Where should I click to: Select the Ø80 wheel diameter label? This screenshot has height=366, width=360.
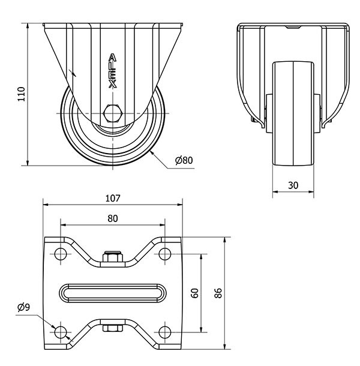183,160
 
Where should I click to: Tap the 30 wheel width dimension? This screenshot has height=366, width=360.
293,185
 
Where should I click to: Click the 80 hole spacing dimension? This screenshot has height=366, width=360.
112,218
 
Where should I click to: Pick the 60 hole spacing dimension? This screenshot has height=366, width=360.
194,293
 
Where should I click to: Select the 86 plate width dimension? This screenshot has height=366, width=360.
218,293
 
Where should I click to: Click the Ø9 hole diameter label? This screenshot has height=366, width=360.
24,308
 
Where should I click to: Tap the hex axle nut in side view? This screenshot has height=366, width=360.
112,113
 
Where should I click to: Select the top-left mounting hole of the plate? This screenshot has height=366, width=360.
60,254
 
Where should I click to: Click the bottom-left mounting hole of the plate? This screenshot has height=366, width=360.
60,332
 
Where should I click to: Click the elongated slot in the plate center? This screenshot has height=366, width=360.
112,293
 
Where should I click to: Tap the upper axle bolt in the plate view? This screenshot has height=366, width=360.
112,257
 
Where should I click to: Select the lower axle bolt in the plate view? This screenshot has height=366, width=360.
112,328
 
